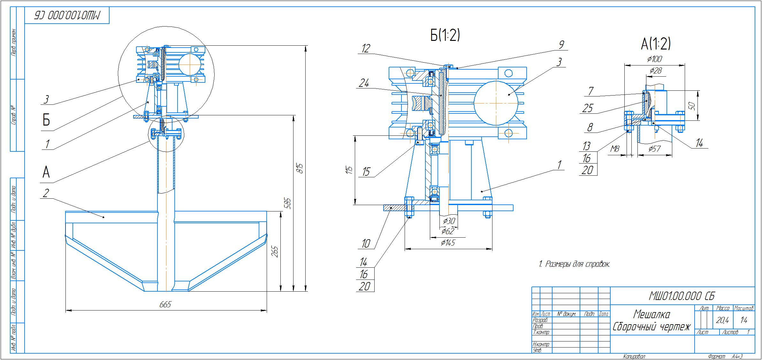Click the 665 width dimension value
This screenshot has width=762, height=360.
165,304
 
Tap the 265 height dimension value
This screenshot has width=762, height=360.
275,251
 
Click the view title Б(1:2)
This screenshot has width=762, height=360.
445,36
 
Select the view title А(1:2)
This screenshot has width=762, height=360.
656,44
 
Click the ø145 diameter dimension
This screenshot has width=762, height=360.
448,243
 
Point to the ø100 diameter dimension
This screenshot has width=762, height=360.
654,59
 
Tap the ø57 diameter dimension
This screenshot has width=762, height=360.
654,149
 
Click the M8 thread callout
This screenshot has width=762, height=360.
615,149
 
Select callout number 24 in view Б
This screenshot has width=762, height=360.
364,83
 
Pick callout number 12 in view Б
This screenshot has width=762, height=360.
366,49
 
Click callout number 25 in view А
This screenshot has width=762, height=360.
588,108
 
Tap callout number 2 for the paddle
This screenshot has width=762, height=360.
46,193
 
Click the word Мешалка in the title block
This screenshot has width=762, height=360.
652,314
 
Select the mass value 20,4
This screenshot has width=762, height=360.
722,320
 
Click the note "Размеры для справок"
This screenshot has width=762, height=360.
574,264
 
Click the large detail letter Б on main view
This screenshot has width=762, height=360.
46,120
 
